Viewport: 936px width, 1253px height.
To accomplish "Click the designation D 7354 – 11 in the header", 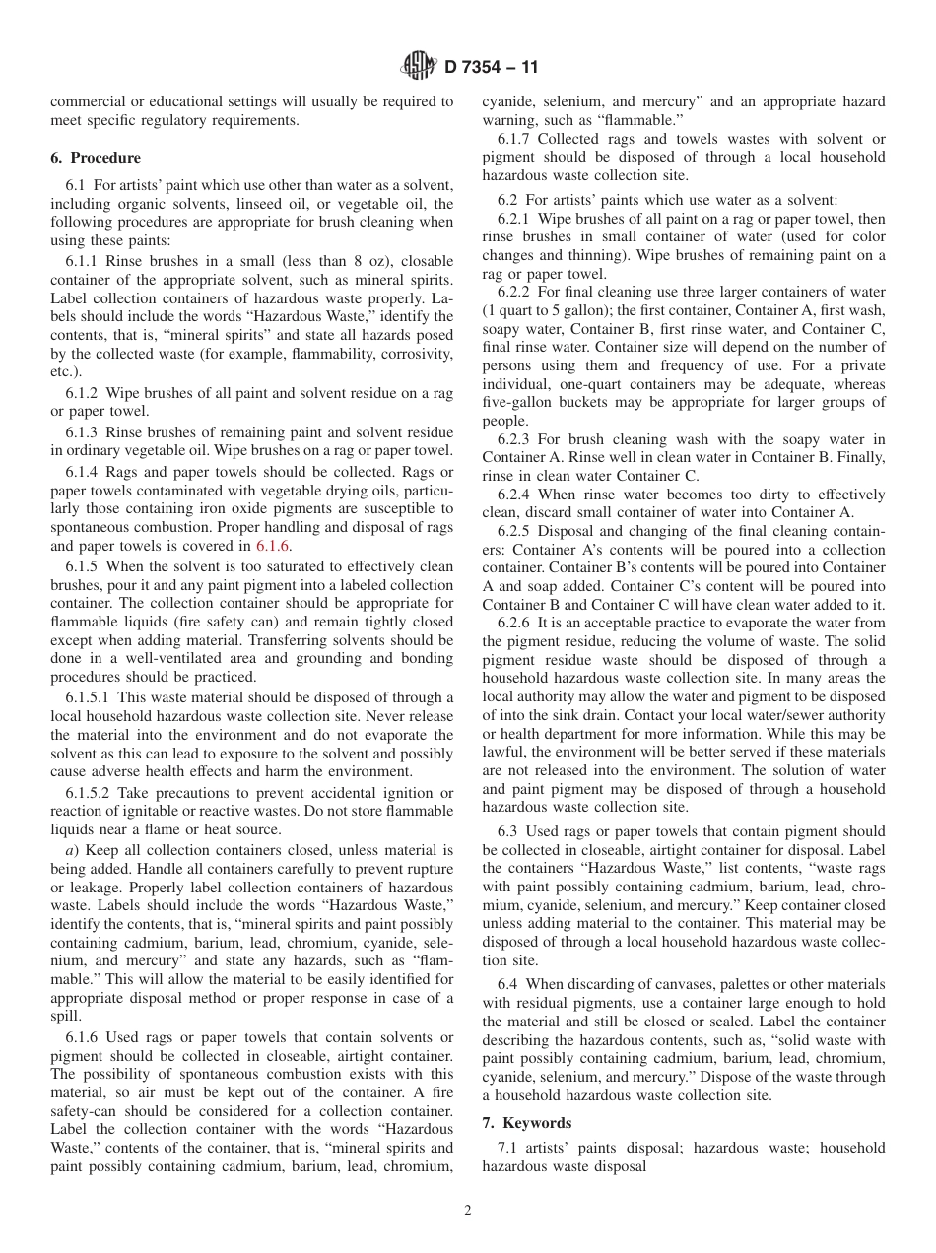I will [491, 68].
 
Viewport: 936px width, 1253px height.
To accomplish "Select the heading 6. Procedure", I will [96, 158].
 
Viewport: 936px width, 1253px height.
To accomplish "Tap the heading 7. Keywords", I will [526, 1123].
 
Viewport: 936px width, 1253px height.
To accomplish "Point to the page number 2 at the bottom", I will [468, 1211].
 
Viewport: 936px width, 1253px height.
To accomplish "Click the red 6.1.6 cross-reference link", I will [273, 546].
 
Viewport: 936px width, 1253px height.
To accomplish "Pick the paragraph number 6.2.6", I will [513, 623].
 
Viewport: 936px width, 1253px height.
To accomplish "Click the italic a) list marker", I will [72, 850].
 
